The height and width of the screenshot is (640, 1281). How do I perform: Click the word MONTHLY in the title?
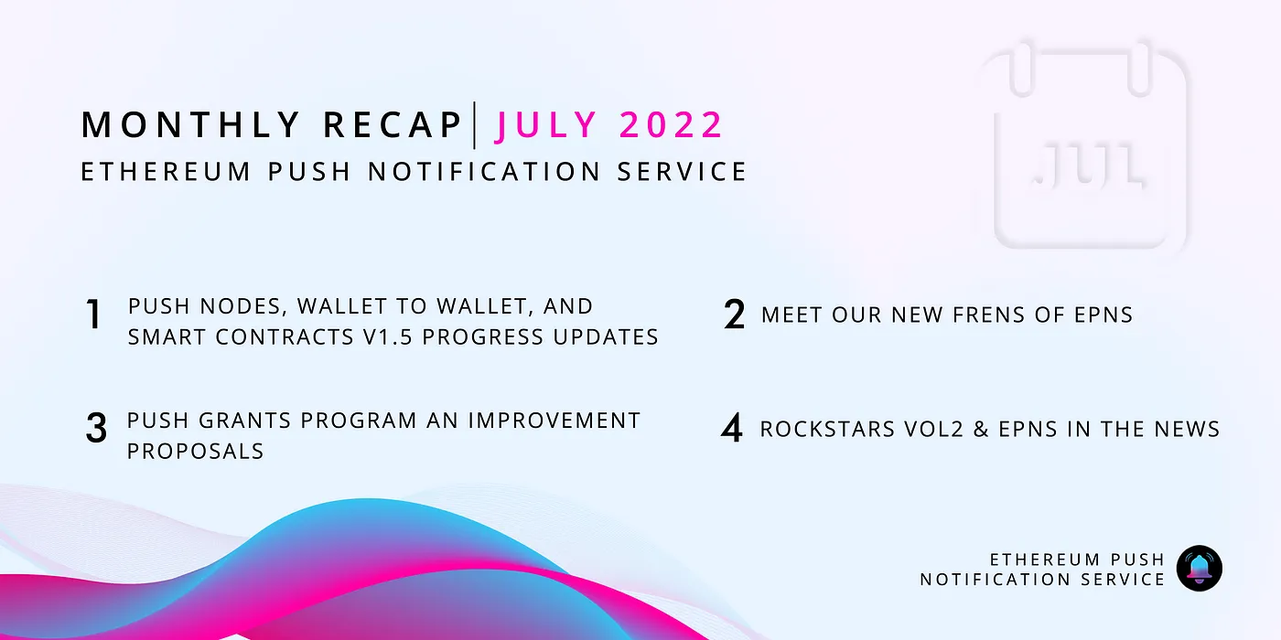tap(190, 125)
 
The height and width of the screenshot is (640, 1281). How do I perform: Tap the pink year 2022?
tap(672, 125)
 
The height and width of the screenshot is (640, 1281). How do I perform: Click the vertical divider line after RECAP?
tap(475, 125)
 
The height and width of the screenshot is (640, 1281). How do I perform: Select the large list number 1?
tap(93, 315)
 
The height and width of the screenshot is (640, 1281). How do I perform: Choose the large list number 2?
tap(734, 315)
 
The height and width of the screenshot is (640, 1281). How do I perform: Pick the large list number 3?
tap(96, 429)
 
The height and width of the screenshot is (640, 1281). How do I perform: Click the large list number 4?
tap(732, 429)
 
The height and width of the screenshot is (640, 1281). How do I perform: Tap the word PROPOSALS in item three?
tap(195, 451)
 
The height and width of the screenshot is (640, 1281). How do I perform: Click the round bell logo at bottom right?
tap(1199, 568)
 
